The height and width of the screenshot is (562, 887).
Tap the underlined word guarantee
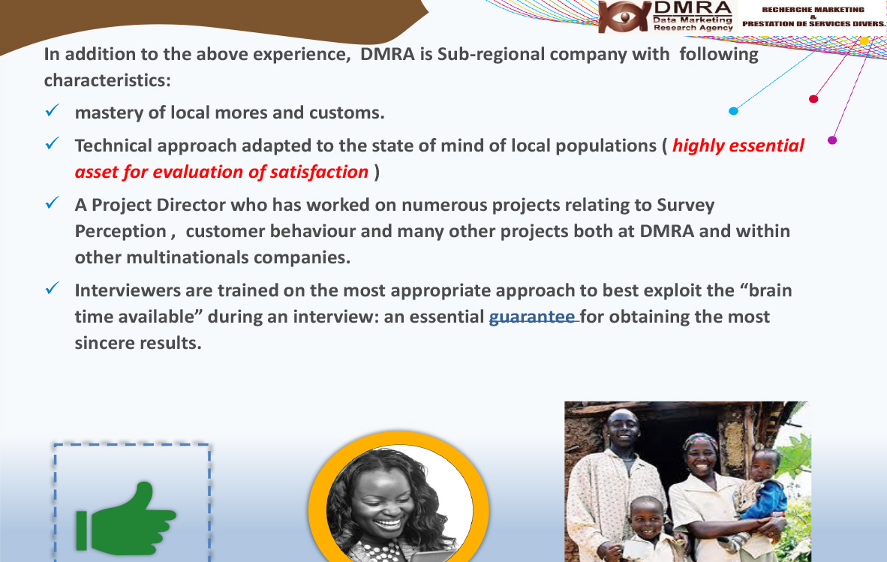(532, 317)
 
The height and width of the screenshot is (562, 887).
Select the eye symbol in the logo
(624, 17)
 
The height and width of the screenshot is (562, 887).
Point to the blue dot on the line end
(733, 111)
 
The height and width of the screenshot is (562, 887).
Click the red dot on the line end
(813, 99)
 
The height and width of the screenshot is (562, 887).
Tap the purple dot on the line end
(832, 140)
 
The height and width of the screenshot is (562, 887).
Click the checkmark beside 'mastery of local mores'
(52, 110)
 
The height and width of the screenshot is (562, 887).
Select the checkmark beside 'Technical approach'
(52, 143)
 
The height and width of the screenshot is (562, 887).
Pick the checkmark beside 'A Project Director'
(52, 203)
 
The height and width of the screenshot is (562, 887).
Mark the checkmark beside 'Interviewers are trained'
(52, 288)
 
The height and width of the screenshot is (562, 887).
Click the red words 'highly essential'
(738, 146)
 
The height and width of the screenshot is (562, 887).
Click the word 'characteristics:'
(107, 80)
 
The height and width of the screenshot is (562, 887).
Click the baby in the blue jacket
(762, 485)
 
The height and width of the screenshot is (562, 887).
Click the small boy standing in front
(647, 529)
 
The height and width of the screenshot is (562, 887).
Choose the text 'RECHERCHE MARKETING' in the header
(813, 10)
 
